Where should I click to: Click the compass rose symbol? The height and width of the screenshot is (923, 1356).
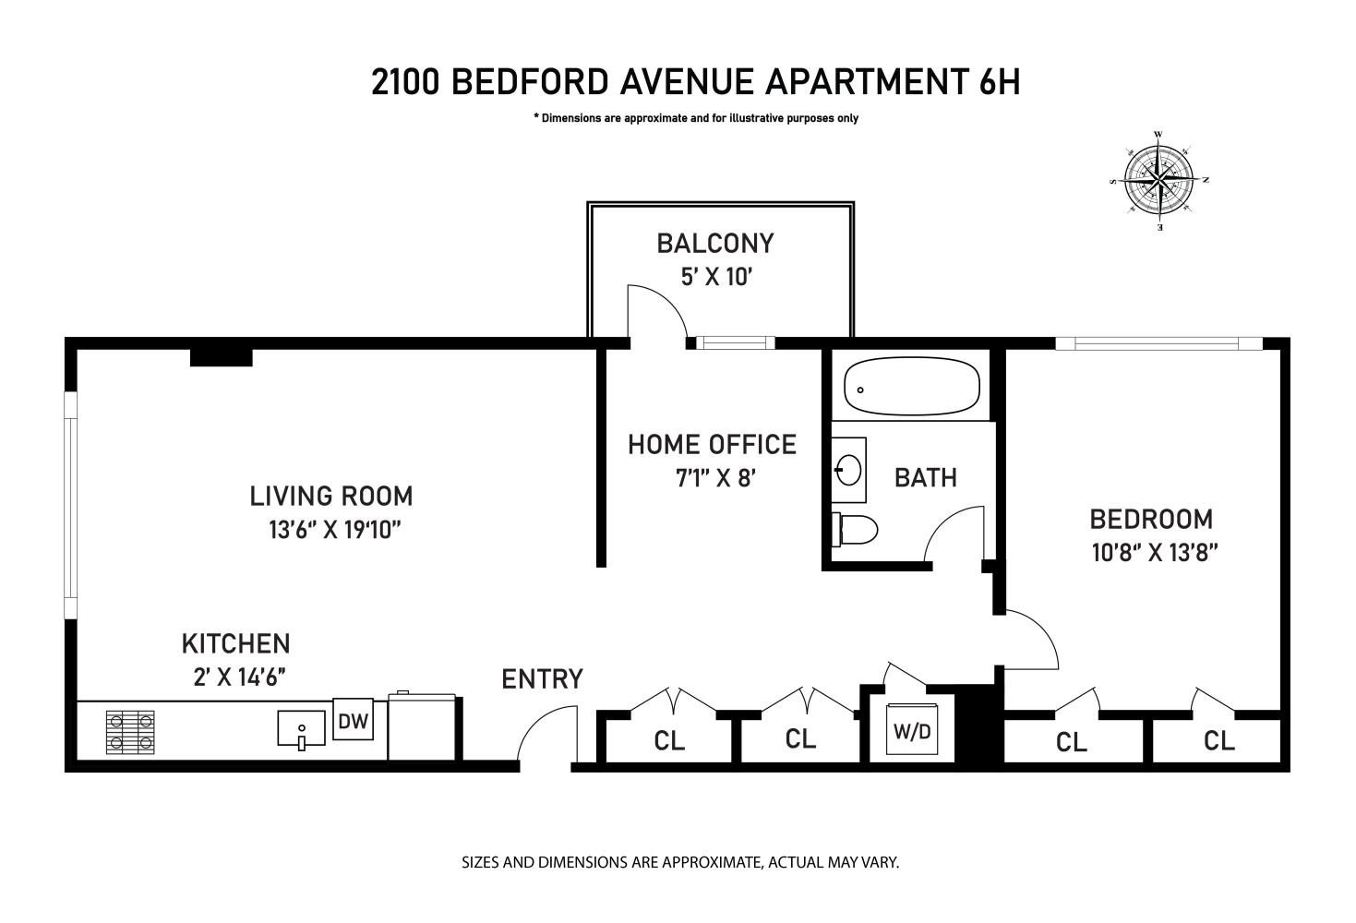click(1158, 180)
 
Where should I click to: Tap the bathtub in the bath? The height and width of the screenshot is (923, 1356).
click(911, 387)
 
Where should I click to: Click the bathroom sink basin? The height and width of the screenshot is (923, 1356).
click(848, 471)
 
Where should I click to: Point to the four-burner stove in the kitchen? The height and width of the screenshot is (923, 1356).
click(130, 731)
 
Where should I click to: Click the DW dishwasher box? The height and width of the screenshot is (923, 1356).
click(353, 721)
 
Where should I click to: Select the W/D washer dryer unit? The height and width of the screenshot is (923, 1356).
click(912, 733)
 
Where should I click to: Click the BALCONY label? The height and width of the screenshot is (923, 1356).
click(715, 244)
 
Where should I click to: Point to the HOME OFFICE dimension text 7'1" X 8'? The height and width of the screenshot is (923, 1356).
click(712, 478)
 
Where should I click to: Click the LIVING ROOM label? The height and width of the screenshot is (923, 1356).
click(331, 497)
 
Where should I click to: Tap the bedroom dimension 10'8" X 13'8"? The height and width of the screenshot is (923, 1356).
click(1155, 553)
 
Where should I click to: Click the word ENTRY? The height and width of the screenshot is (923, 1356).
click(542, 679)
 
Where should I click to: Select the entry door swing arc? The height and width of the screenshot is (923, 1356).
click(545, 734)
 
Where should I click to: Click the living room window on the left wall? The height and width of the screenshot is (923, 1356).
click(70, 505)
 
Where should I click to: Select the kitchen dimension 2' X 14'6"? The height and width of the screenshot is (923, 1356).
click(235, 677)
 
